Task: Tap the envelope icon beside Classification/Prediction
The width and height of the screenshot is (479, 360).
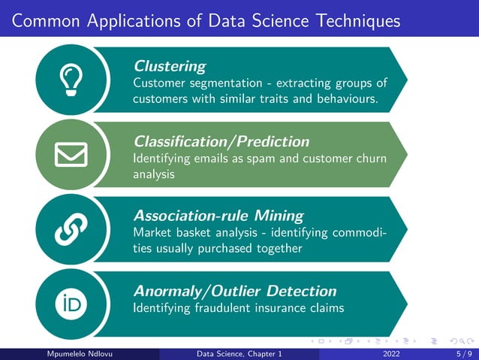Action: tap(71, 154)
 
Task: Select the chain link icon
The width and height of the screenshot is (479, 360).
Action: tap(71, 228)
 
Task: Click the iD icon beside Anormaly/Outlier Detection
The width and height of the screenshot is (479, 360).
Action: tap(71, 303)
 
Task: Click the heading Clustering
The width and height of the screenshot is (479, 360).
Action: tap(169, 66)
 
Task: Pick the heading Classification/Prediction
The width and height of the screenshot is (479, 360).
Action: tap(221, 141)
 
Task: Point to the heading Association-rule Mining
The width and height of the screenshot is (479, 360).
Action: tap(218, 216)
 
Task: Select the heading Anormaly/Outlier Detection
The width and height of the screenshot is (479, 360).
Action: tap(235, 290)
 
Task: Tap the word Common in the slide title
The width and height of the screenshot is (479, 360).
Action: tap(44, 20)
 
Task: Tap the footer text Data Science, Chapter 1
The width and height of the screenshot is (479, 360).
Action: tap(239, 353)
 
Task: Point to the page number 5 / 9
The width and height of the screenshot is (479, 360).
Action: tap(464, 353)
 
